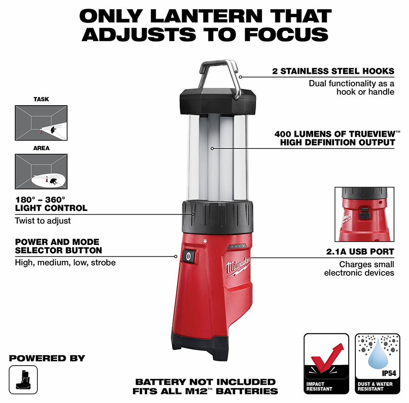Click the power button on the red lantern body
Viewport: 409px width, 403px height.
tap(188, 256)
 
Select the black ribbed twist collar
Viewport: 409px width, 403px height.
tap(217, 217)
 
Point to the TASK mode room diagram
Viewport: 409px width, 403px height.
tap(41, 123)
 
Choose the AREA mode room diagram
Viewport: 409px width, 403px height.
tap(41, 172)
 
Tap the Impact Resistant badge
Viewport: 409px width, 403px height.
tap(326, 364)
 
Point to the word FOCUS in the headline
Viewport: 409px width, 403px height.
tap(286, 35)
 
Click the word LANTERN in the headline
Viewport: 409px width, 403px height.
tap(206, 16)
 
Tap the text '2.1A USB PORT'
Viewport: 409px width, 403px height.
tap(360, 252)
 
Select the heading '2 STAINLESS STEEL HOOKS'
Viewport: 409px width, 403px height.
tap(333, 71)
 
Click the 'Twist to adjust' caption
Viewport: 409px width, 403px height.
tap(42, 221)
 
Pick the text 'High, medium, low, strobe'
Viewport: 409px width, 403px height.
tap(65, 263)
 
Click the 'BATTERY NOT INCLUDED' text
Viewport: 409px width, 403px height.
tap(205, 382)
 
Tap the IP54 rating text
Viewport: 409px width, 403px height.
tap(389, 374)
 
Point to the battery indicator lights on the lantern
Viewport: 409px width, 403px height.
tap(237, 246)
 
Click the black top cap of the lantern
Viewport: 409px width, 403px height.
tap(218, 101)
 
